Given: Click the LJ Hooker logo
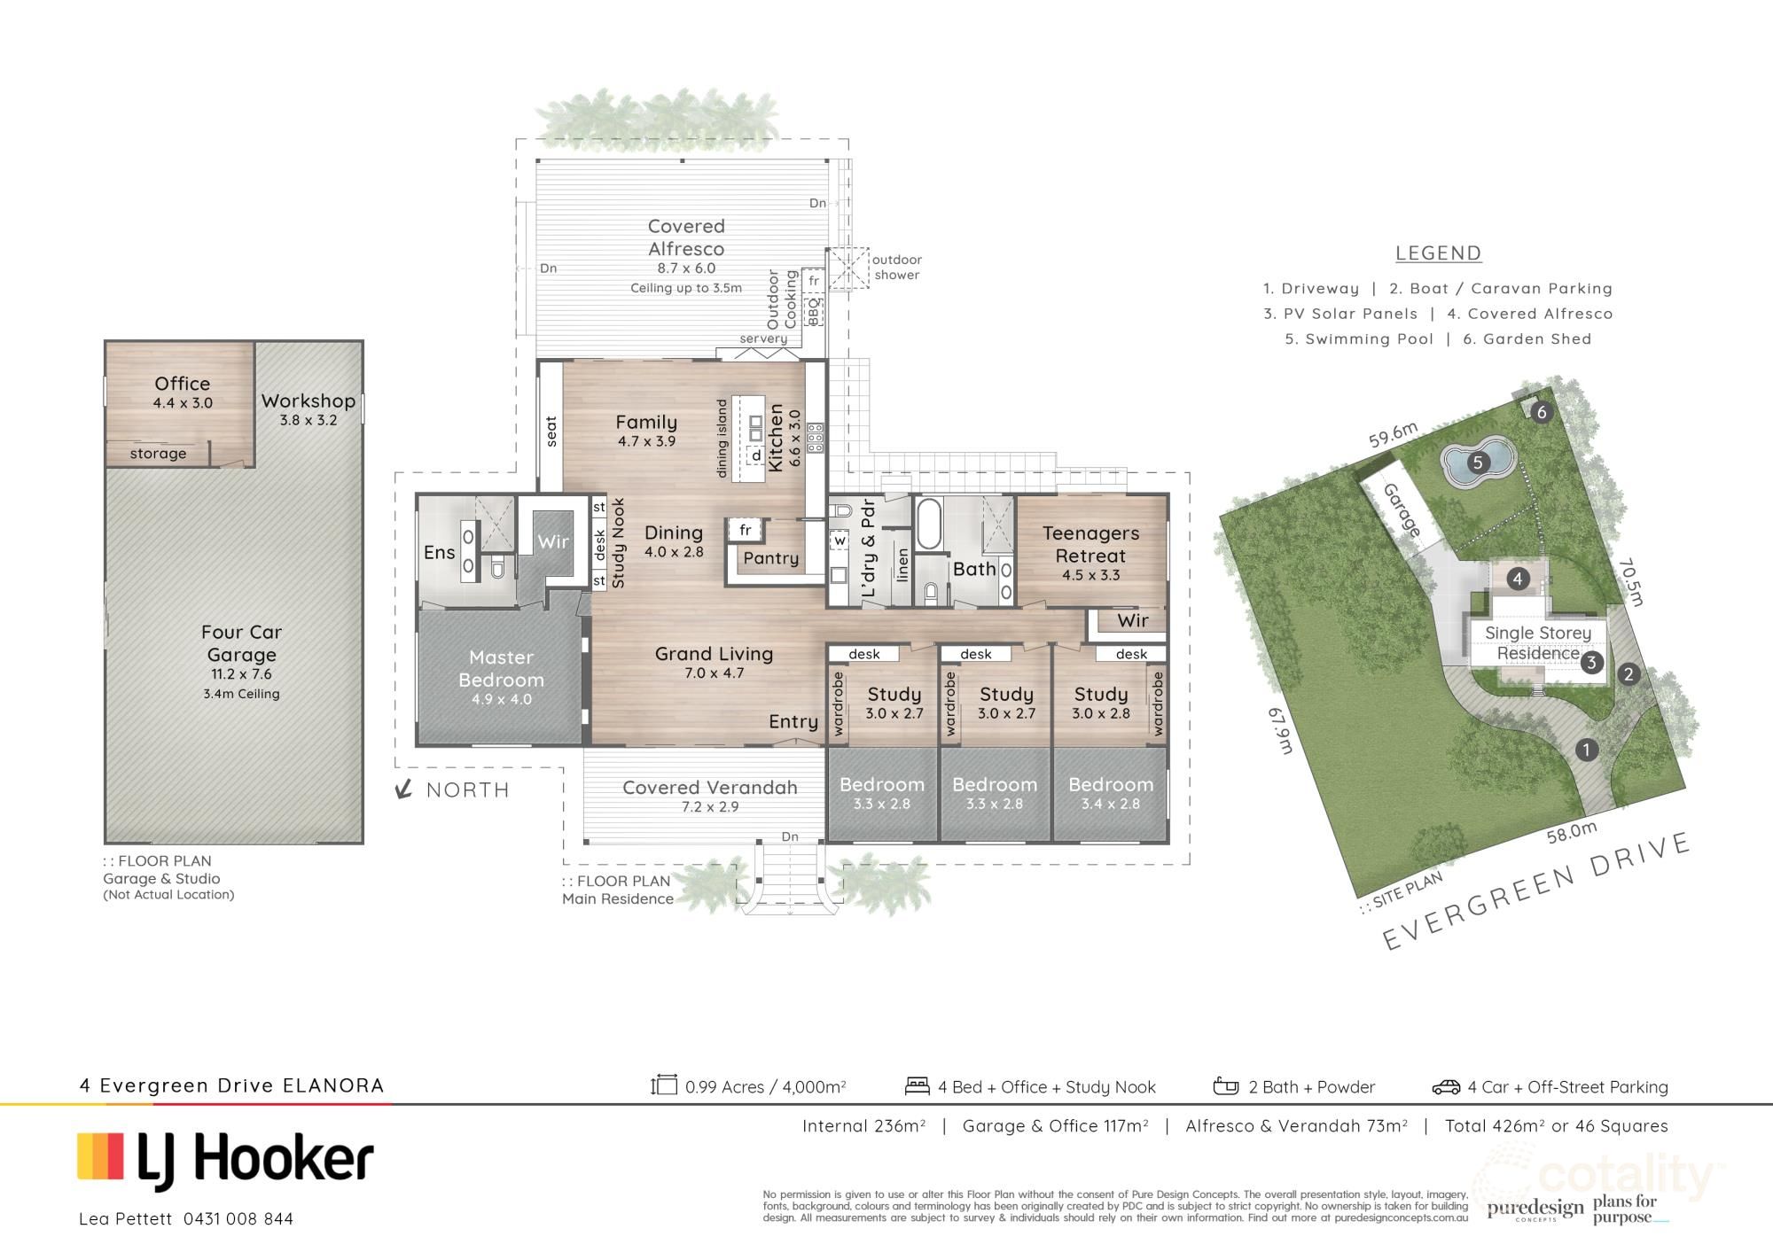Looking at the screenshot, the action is [x=225, y=1160].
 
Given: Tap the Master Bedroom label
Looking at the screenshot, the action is [x=501, y=668].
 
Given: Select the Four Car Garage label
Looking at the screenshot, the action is [x=241, y=643].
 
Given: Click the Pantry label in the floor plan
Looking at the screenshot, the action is [x=770, y=558].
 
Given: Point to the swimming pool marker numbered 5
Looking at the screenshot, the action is [x=1477, y=462].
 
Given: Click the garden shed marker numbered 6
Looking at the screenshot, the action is [x=1542, y=412].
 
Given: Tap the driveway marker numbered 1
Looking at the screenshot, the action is [x=1586, y=750].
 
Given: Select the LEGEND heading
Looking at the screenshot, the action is [x=1438, y=253].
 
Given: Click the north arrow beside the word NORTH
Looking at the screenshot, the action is [x=404, y=789].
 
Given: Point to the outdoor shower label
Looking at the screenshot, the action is [x=896, y=267].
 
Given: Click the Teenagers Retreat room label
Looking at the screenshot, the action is [x=1090, y=544].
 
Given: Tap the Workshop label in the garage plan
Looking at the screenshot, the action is [x=308, y=400].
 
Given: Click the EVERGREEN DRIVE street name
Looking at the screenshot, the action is [x=1535, y=891].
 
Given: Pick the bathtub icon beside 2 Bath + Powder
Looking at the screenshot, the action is [x=1225, y=1086].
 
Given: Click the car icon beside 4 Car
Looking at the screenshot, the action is [x=1446, y=1087].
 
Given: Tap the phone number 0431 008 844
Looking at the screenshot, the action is [x=238, y=1219].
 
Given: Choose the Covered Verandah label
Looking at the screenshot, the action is [x=710, y=788].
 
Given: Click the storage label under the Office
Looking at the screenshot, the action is [x=158, y=454].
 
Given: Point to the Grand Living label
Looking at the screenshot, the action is [x=714, y=654].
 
